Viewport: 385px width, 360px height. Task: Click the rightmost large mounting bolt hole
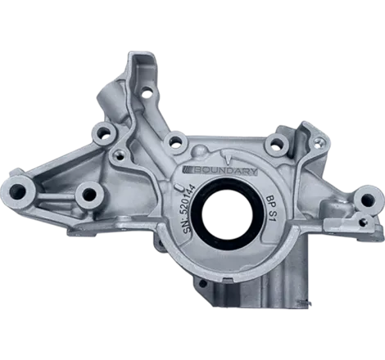[x=367, y=200]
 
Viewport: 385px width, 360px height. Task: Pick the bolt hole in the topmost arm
[x=147, y=93]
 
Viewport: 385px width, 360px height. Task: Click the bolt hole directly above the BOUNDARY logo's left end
[x=176, y=142]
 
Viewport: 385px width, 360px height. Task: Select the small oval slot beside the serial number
[x=179, y=187]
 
